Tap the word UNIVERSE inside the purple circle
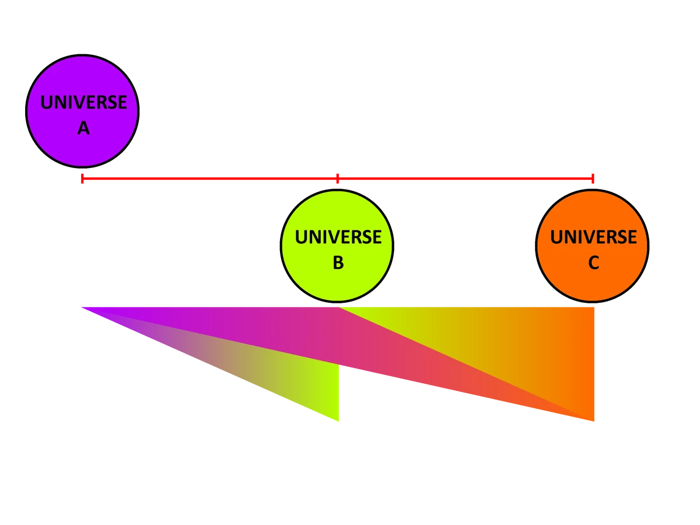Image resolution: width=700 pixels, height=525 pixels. (x=83, y=103)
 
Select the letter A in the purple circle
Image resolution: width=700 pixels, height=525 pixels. (x=83, y=128)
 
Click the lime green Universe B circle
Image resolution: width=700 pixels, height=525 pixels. (x=337, y=280)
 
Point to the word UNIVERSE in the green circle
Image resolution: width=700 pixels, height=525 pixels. (x=338, y=237)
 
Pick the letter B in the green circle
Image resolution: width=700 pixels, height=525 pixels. (x=338, y=263)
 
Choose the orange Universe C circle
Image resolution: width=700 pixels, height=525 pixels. (x=592, y=280)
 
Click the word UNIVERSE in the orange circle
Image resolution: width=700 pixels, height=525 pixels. (x=593, y=237)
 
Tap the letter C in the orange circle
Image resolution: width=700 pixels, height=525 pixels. (x=593, y=263)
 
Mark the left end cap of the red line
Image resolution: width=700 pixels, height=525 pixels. (x=83, y=178)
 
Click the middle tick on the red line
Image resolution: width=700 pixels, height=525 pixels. (x=337, y=178)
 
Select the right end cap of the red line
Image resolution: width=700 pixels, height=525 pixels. (x=593, y=178)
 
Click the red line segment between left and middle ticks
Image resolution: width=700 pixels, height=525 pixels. (x=210, y=178)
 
